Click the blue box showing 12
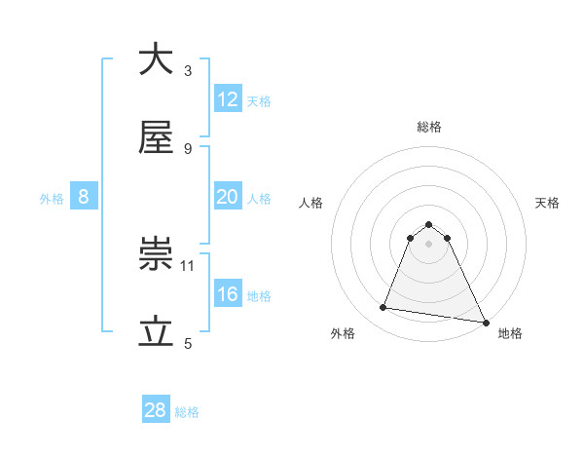pyautogui.click(x=228, y=99)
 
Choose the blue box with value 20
pyautogui.click(x=228, y=197)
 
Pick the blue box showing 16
pyautogui.click(x=228, y=294)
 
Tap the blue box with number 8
pyautogui.click(x=84, y=197)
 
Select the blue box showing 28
pyautogui.click(x=156, y=410)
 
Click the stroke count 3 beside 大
pyautogui.click(x=187, y=70)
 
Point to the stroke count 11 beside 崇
pyautogui.click(x=189, y=264)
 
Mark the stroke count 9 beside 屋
pyautogui.click(x=187, y=148)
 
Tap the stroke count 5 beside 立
pyautogui.click(x=187, y=343)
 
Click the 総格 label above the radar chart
pyautogui.click(x=429, y=127)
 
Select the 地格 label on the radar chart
pyautogui.click(x=510, y=333)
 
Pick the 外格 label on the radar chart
pyautogui.click(x=343, y=333)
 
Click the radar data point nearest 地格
pyautogui.click(x=485, y=321)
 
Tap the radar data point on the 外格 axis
pyautogui.click(x=383, y=308)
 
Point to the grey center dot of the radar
pyautogui.click(x=429, y=244)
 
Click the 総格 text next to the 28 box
pyautogui.click(x=187, y=412)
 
